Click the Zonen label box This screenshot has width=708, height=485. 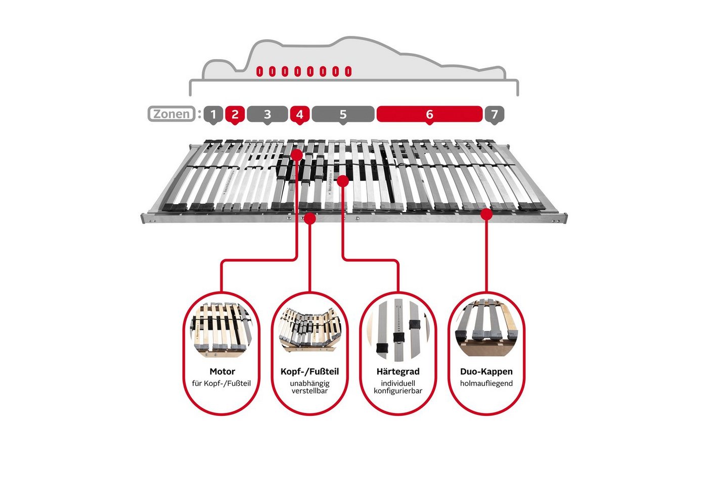point(171,114)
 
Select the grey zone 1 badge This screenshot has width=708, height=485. point(213,114)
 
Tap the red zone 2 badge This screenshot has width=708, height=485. point(235,114)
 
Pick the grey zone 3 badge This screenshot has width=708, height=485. point(268,114)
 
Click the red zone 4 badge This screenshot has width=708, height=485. point(299,114)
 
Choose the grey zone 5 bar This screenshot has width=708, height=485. point(343,114)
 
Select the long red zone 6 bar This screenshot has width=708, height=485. point(429,114)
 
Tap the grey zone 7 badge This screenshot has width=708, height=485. point(495,114)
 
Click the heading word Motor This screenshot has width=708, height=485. point(222,372)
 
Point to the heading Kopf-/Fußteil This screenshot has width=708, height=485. point(309,372)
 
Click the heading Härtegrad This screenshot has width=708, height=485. point(398,372)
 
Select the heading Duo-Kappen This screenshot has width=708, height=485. point(486,372)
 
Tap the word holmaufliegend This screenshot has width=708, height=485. point(486,383)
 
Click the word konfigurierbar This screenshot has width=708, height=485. point(398,391)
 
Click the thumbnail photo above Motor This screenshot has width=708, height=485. point(222,329)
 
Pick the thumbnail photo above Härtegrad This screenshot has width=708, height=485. point(398,329)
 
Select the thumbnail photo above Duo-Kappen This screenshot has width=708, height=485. point(486,328)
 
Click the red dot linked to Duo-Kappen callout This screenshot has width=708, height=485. point(486,215)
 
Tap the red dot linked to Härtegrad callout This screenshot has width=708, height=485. point(343,181)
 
